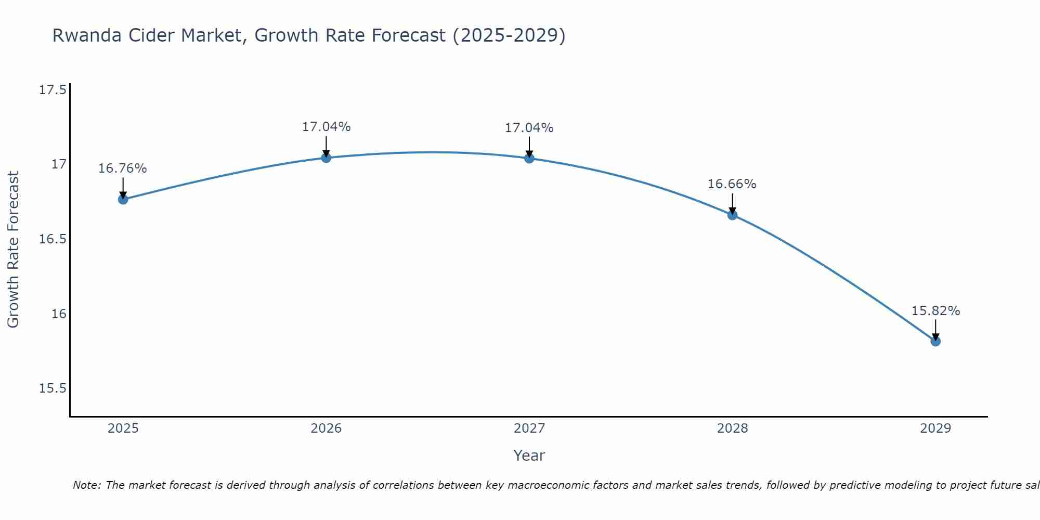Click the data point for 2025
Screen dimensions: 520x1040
pyautogui.click(x=123, y=199)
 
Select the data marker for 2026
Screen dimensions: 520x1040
pyautogui.click(x=326, y=158)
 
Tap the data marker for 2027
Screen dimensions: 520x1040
pyautogui.click(x=529, y=158)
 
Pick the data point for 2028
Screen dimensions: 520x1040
pyautogui.click(x=732, y=215)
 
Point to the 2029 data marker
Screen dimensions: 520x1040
pyautogui.click(x=935, y=341)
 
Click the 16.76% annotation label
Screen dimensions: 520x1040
pyautogui.click(x=123, y=168)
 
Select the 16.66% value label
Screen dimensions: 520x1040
pyautogui.click(x=732, y=184)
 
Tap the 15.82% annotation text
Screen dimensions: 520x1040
pyautogui.click(x=935, y=311)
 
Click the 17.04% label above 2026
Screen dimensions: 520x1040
pyautogui.click(x=326, y=127)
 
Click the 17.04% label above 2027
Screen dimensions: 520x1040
pyautogui.click(x=529, y=128)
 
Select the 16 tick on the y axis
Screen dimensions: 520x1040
pyautogui.click(x=59, y=314)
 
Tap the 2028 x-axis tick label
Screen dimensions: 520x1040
pyautogui.click(x=732, y=428)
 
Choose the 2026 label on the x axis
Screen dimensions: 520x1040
pyautogui.click(x=326, y=428)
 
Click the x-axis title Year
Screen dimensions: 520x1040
pyautogui.click(x=529, y=456)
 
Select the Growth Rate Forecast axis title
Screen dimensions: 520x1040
pyautogui.click(x=13, y=250)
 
